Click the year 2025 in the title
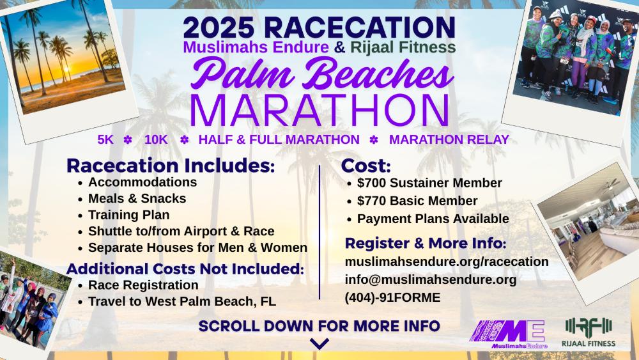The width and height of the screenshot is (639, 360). [x=219, y=27]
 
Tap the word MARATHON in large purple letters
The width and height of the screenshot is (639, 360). [x=319, y=110]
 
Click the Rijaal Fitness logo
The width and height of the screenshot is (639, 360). [x=589, y=332]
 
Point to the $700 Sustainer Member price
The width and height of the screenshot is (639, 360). [x=429, y=183]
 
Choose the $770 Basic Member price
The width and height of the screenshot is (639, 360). [x=417, y=201]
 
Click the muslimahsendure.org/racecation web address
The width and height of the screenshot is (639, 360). [x=447, y=262]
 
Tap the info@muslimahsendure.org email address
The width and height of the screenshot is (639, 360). [x=431, y=279]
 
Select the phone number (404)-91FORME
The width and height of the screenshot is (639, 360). [x=392, y=297]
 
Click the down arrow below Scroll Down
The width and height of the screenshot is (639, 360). [x=319, y=343]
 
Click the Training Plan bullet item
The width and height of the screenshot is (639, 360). [x=129, y=215]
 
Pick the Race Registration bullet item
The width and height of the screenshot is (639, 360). [x=143, y=285]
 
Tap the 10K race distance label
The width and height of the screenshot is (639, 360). [x=156, y=139]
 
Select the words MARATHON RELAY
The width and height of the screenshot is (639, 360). [x=449, y=139]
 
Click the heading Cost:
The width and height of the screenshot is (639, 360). [x=366, y=166]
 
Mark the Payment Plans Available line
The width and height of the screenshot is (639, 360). [x=433, y=219]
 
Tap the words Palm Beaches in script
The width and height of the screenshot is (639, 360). [x=322, y=74]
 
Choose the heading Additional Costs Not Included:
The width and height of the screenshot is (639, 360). [x=185, y=269]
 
